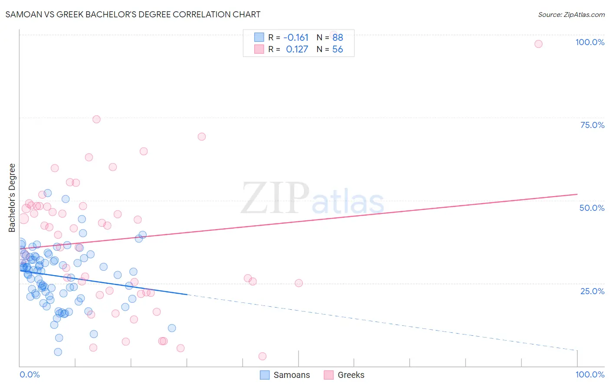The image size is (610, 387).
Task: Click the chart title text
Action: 133,14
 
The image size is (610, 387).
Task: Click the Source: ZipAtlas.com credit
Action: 571,14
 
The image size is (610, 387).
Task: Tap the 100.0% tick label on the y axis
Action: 590,42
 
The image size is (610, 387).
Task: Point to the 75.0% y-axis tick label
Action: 592,125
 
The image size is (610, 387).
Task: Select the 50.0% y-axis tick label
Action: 592,208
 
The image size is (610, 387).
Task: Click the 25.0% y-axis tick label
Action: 592,291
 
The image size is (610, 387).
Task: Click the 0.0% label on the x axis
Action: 30,374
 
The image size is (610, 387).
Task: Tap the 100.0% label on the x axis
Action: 590,374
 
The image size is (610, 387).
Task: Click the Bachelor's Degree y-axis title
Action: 12,197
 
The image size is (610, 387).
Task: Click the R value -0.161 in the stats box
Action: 296,38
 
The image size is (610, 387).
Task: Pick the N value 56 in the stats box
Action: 338,49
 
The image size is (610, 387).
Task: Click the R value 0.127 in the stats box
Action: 297,49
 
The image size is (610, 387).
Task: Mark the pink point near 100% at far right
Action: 538,44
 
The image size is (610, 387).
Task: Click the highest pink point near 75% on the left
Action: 96,119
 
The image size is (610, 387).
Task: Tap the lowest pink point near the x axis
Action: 262,356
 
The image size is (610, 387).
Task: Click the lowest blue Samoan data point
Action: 58,352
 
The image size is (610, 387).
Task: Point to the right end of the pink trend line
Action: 577,194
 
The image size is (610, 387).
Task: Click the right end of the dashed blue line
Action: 577,350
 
